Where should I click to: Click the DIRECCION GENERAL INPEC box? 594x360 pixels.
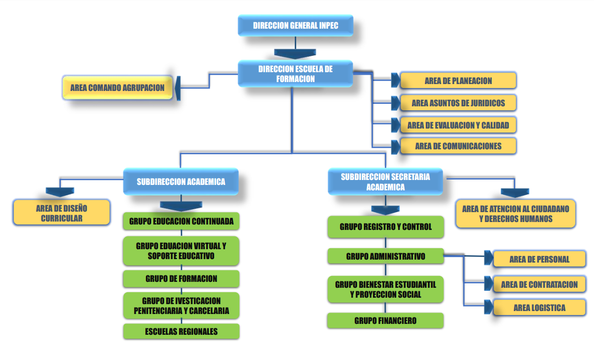coord(296,25)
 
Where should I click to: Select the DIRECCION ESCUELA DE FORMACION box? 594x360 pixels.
coord(295,74)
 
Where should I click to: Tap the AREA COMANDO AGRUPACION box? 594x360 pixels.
coord(117,88)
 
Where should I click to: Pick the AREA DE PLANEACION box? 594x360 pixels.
coord(458,81)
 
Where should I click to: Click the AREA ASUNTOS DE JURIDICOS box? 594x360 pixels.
coord(458,103)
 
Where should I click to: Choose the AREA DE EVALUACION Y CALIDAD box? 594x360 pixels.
coord(458,125)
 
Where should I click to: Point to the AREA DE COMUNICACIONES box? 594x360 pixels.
coord(458,146)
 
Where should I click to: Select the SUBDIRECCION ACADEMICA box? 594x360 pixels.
coord(181,181)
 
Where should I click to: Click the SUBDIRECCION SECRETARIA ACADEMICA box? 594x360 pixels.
coord(385,181)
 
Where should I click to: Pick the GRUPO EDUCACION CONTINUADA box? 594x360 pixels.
coord(181,221)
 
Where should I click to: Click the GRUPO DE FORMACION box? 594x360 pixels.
coord(181,278)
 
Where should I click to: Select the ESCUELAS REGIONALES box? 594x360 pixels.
coord(181,331)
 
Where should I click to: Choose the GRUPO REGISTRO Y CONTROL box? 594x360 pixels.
coord(386,227)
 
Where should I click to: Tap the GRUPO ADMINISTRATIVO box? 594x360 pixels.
coord(386,256)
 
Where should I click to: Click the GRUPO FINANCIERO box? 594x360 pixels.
coord(385,320)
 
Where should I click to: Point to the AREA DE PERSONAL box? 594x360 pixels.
coord(539,259)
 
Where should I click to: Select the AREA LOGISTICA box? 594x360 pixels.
coord(539,308)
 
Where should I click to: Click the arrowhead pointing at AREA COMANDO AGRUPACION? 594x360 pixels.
coord(178,88)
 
